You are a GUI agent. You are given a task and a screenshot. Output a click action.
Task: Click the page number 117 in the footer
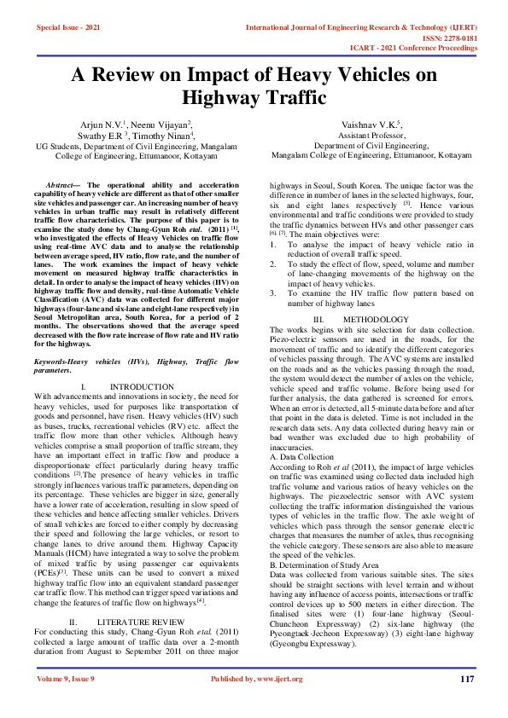coord(466,679)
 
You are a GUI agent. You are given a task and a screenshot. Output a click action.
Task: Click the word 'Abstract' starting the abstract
coord(62,184)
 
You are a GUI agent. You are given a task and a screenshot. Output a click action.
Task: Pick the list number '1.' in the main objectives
coord(273,221)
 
